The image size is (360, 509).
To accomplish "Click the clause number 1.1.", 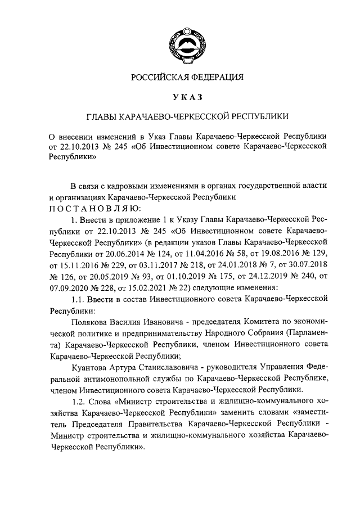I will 80,298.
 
